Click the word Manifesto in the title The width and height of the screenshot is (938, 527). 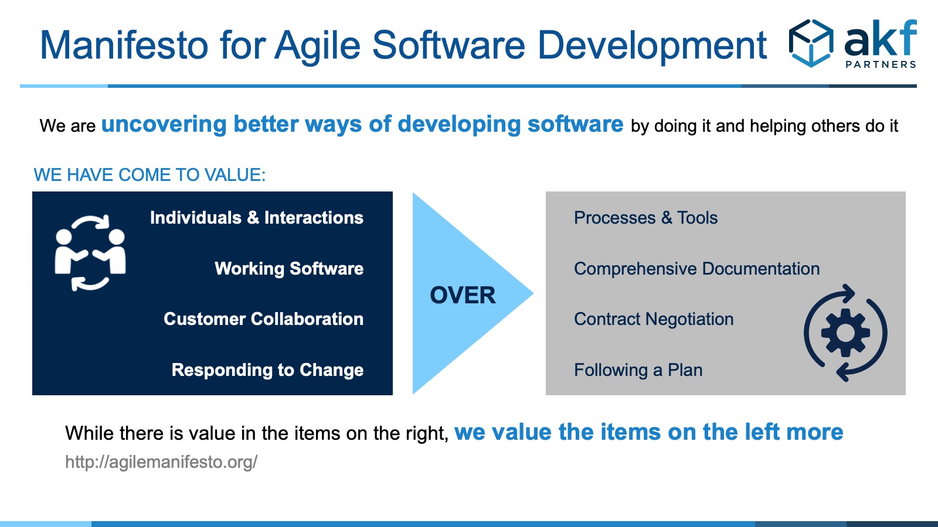pos(124,45)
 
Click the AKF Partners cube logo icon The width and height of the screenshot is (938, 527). pos(811,43)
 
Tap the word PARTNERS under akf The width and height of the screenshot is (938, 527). pos(881,64)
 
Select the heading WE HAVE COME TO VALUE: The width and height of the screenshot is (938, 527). pos(149,175)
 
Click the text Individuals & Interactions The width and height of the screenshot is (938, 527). pos(257,217)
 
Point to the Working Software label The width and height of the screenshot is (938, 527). pos(289,269)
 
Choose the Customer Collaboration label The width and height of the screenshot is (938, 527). pos(263,319)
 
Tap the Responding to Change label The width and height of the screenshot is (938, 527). pos(267,370)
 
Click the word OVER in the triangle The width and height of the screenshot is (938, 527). pos(463,295)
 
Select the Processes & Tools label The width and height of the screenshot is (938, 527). pos(645,217)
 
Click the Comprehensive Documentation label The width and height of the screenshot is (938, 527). pos(697,269)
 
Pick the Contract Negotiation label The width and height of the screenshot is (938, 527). pos(654,319)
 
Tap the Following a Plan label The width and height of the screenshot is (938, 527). pos(638,370)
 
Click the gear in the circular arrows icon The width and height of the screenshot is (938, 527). pos(845,333)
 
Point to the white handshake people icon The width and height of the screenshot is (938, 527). pos(90,252)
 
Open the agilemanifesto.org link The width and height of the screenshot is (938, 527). pos(161,462)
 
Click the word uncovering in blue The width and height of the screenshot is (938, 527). pos(164,124)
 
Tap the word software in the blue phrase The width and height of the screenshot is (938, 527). pos(575,124)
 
